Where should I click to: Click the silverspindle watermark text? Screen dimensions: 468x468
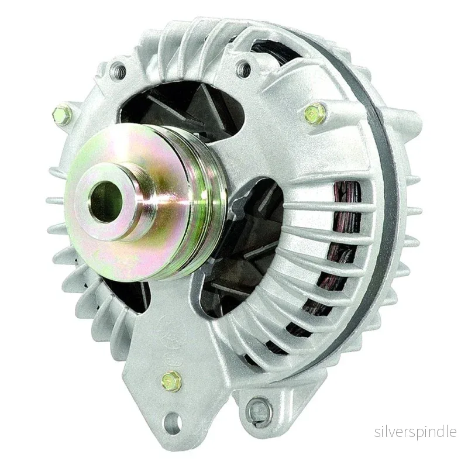(415, 432)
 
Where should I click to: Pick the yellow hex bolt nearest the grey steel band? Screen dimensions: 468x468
(314, 113)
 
